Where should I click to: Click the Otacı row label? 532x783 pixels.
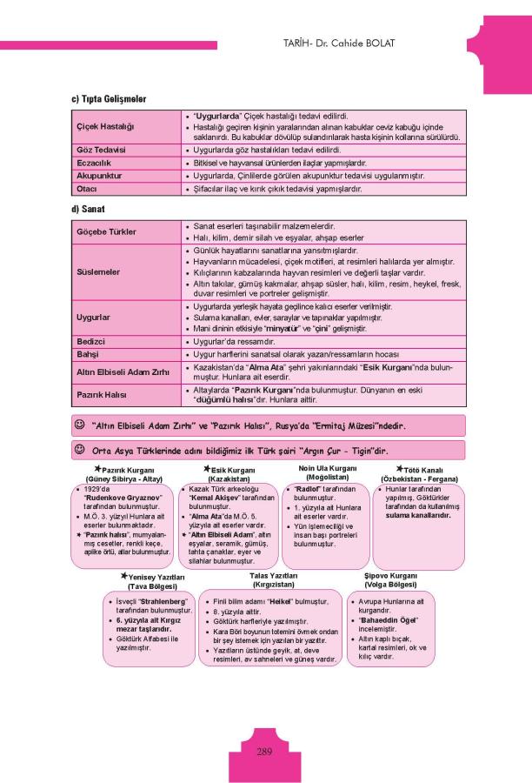click(87, 188)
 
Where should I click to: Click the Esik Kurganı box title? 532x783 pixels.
click(232, 469)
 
